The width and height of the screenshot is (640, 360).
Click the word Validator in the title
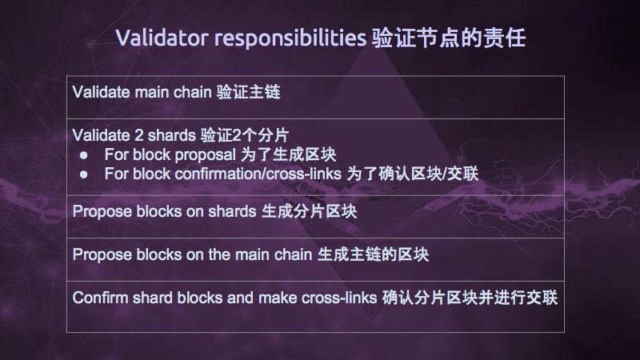(162, 38)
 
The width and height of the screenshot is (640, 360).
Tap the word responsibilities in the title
(290, 38)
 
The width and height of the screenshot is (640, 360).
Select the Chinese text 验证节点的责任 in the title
(449, 38)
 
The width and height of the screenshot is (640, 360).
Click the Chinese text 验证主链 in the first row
(248, 92)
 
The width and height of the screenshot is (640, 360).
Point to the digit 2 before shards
(138, 135)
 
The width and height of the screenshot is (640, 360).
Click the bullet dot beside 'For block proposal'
(84, 155)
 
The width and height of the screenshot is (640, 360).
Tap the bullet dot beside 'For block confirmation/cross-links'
(84, 174)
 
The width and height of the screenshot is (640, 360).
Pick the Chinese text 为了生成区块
(288, 154)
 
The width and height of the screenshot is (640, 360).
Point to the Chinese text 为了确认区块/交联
(412, 174)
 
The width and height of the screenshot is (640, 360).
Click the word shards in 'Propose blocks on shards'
(232, 211)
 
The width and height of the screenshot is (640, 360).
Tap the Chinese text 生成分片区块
(309, 211)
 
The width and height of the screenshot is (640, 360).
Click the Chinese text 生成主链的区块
(373, 254)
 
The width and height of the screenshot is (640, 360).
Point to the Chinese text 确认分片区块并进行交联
(470, 298)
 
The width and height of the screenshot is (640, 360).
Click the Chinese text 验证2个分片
(245, 135)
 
